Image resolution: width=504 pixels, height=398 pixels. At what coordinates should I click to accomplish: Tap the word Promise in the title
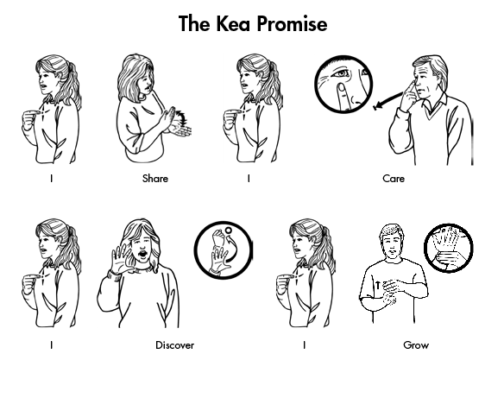(x=292, y=23)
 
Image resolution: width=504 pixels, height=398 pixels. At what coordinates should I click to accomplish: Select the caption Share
(x=155, y=178)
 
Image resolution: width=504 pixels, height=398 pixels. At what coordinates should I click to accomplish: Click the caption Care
(x=394, y=178)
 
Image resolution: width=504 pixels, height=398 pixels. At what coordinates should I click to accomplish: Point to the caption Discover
(x=174, y=345)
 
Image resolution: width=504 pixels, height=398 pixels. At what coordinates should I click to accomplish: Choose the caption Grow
(x=416, y=345)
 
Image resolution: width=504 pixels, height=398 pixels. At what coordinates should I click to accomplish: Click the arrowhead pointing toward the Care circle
(x=377, y=105)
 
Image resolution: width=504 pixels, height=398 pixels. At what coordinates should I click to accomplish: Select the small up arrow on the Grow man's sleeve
(x=378, y=285)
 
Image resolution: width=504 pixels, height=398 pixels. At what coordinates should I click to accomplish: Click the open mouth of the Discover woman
(x=142, y=254)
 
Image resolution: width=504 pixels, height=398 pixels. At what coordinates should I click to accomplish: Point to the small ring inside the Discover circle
(x=228, y=231)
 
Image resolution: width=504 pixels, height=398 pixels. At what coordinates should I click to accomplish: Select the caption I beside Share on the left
(x=51, y=178)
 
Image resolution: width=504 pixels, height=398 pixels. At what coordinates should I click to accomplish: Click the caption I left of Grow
(x=304, y=345)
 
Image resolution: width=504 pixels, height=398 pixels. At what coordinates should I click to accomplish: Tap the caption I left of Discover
(x=51, y=345)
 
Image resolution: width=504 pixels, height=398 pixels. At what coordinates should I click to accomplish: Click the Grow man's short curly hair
(x=391, y=231)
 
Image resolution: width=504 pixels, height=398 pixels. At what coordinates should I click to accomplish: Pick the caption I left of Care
(x=249, y=178)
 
